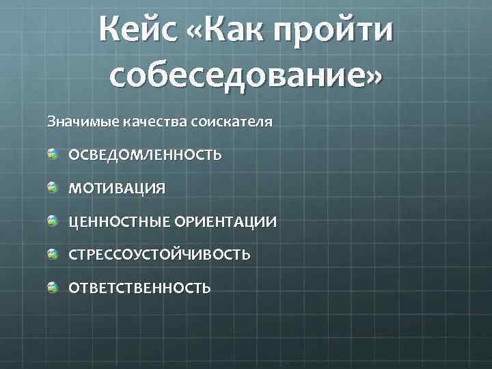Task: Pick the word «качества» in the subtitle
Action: [150, 123]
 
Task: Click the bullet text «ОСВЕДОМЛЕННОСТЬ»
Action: [145, 155]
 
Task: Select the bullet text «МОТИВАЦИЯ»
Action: [117, 189]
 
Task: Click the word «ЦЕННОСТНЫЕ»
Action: [120, 222]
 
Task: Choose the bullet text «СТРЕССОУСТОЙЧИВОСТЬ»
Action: [159, 255]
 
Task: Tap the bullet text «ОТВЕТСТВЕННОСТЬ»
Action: [139, 288]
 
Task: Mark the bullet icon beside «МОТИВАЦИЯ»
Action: [53, 187]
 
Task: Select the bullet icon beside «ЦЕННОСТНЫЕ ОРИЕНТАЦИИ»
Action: [53, 220]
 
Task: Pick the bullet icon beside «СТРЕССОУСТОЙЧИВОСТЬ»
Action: [53, 254]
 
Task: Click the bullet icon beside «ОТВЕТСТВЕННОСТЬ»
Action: [53, 287]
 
